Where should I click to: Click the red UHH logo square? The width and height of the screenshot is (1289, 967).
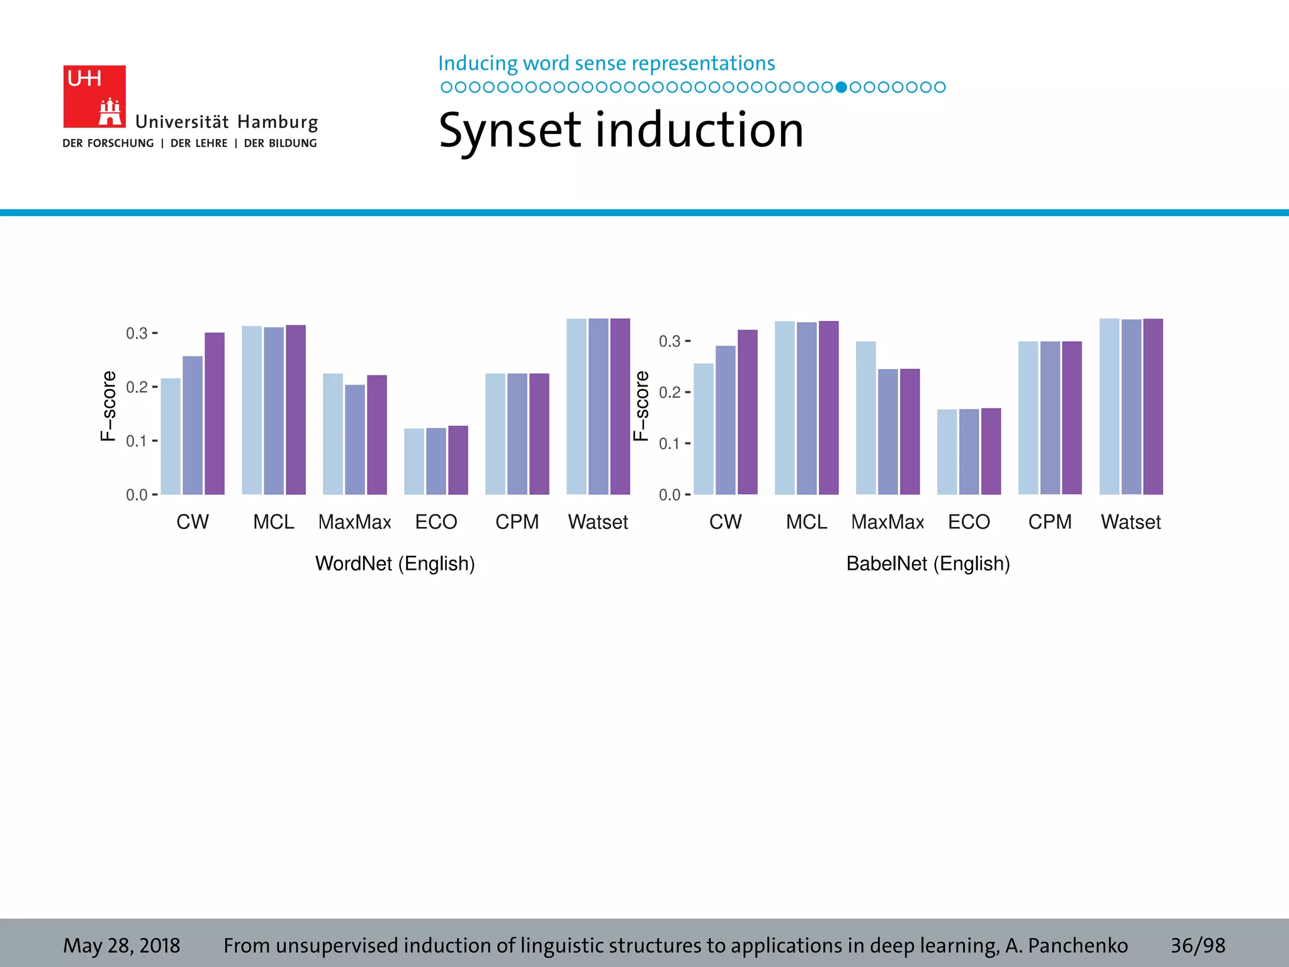94,96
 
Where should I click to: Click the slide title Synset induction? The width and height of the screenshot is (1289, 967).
621,130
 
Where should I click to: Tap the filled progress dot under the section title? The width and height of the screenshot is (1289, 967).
841,87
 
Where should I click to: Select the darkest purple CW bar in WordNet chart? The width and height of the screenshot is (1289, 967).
215,414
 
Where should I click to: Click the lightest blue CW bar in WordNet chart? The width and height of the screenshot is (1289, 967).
171,436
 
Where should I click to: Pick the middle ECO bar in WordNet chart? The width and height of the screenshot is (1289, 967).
436,461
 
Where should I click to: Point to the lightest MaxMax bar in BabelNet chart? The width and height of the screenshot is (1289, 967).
865,418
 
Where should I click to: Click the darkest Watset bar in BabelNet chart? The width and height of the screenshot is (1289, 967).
1153,407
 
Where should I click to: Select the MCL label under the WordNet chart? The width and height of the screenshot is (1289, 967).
273,522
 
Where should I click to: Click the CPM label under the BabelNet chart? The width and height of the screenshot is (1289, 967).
1050,522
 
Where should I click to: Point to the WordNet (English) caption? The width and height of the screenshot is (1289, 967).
395,563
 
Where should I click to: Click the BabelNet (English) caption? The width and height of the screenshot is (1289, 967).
928,563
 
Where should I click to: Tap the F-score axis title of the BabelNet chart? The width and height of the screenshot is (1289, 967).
641,406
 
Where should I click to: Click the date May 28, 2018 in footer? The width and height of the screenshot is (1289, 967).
121,945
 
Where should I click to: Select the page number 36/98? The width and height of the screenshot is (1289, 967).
1197,945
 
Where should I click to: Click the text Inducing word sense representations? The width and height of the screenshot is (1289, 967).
606,63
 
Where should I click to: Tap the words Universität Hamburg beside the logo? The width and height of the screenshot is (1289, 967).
227,122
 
